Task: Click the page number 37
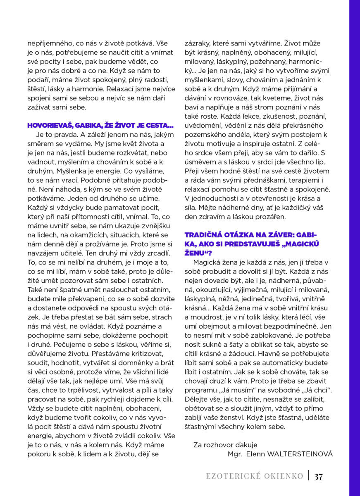coord(318,477)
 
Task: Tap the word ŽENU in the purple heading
coord(195,253)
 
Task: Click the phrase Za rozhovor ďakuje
coord(225,445)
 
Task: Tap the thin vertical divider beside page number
coord(308,476)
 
